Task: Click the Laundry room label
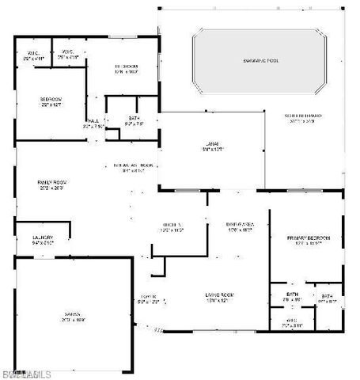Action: point(43,238)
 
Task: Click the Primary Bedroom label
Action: point(307,240)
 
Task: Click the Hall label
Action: point(93,123)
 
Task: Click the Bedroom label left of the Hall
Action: point(51,101)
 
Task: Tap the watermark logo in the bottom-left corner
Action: point(25,373)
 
